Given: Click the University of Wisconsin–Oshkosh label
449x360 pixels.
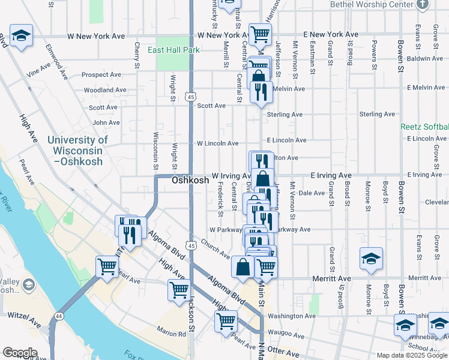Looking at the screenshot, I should tap(77, 151).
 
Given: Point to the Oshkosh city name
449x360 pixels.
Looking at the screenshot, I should tap(190, 180).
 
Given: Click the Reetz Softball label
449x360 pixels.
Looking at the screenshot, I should tap(424, 127).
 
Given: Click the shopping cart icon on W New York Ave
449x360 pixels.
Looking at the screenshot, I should tap(259, 34).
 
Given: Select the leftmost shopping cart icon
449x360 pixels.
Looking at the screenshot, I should tap(107, 266).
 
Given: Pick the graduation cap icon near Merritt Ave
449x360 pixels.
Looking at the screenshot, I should tap(371, 259).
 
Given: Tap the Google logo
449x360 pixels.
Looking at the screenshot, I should tap(20, 353).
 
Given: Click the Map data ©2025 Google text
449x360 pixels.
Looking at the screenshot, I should tap(412, 355).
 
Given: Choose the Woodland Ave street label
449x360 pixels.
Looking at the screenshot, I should tap(105, 90).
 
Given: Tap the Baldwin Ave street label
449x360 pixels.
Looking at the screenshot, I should tap(424, 58).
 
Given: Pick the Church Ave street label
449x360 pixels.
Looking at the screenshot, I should tap(215, 250).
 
